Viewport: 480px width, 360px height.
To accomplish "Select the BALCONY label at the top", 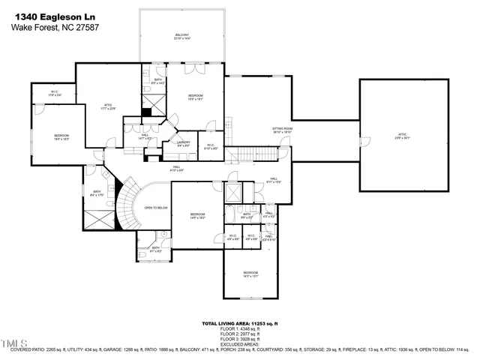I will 182,36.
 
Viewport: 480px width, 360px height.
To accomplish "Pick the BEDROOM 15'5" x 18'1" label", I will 195,97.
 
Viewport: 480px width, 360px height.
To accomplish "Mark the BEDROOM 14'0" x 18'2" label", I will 197,215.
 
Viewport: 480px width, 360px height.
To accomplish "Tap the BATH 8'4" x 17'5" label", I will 97,193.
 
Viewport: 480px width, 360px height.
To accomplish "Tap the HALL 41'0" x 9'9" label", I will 176,169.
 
